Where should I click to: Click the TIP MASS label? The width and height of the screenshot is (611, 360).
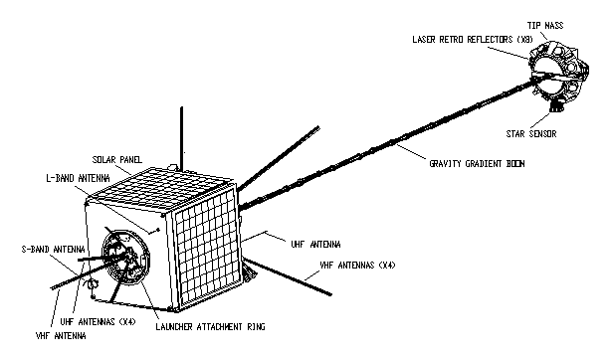click(x=545, y=26)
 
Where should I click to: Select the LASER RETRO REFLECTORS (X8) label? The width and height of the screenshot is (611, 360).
click(x=473, y=40)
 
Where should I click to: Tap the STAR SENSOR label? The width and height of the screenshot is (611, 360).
click(x=531, y=134)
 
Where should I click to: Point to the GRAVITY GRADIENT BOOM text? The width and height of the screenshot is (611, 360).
click(x=477, y=164)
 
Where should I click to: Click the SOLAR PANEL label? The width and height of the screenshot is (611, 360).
click(x=117, y=160)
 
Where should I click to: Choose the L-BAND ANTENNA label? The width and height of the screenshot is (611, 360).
click(x=78, y=178)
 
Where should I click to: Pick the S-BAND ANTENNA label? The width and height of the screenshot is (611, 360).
click(x=53, y=250)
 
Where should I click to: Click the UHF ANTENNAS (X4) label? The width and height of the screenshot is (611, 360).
click(x=98, y=322)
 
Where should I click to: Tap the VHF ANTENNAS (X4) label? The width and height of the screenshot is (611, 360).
click(x=357, y=266)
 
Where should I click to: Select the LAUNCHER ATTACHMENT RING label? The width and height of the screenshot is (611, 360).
click(x=210, y=327)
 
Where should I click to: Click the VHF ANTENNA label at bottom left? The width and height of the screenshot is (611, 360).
click(x=61, y=336)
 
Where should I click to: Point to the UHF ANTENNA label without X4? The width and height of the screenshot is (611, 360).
click(x=315, y=245)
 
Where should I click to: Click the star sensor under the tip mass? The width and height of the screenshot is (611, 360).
click(x=556, y=105)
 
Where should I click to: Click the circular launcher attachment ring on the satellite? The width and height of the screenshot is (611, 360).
click(x=105, y=254)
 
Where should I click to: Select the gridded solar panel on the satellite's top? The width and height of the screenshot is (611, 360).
click(x=163, y=191)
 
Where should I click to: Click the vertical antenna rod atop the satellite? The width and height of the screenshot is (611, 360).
click(x=181, y=138)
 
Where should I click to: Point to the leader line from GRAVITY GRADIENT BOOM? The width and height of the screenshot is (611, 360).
click(x=412, y=151)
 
